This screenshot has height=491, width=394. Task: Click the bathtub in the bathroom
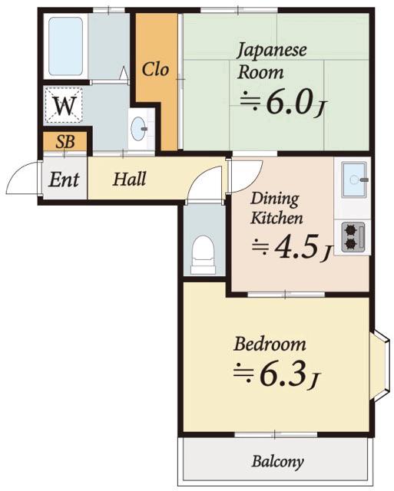[65, 46]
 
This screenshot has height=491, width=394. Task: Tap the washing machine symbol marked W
[64, 105]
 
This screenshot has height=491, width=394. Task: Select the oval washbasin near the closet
[138, 129]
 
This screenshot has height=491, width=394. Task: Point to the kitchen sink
[354, 180]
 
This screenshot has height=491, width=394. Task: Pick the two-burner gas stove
[353, 237]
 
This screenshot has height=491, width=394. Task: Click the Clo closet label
[155, 70]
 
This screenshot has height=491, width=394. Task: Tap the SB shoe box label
[65, 142]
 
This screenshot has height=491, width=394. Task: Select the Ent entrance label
[64, 180]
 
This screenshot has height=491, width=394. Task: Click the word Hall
[129, 179]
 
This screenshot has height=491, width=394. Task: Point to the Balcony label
[277, 462]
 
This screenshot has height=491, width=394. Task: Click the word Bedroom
[270, 344]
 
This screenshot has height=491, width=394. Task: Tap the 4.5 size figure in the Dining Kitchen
[296, 247]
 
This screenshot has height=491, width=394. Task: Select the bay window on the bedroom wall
[380, 365]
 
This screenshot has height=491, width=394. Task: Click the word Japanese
[271, 51]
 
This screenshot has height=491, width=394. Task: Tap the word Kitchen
[276, 218]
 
